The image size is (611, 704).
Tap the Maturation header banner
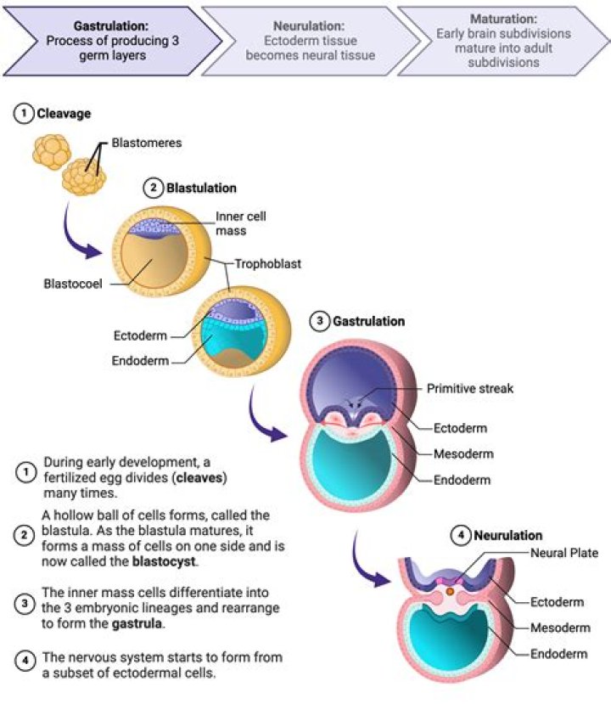pos(503,38)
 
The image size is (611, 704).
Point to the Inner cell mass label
pos(240,223)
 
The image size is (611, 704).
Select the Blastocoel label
pos(75,284)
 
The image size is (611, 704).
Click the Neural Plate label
pos(564,553)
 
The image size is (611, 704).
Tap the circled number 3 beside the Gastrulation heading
pos(319,322)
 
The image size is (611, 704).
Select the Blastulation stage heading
pos(201,188)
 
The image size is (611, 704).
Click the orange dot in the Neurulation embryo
pos(450,590)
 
